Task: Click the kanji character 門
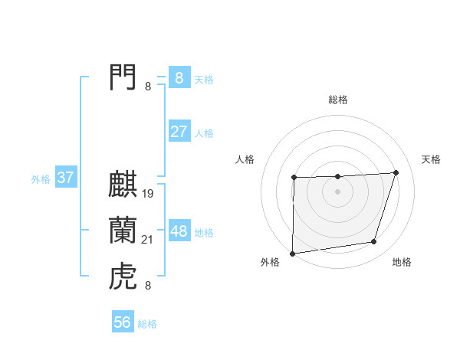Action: tap(123, 77)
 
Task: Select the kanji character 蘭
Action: tap(123, 231)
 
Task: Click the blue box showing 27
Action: tap(179, 132)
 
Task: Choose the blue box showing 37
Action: tap(65, 178)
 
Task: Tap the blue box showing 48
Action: tap(179, 231)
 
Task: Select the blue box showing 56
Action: tap(123, 322)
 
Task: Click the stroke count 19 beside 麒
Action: tap(148, 194)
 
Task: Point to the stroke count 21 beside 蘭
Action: tap(148, 241)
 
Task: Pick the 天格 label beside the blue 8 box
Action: tap(204, 80)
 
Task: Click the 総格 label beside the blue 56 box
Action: tap(147, 324)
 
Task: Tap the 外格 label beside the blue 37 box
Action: tap(41, 180)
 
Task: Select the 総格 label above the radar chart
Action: tap(338, 100)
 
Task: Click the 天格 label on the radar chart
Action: tap(432, 159)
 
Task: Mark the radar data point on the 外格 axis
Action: tap(292, 254)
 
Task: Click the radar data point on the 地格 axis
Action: tap(374, 242)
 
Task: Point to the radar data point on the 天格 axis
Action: tap(396, 172)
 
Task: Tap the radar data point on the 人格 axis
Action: tap(294, 178)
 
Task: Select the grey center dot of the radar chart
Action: tap(338, 191)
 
